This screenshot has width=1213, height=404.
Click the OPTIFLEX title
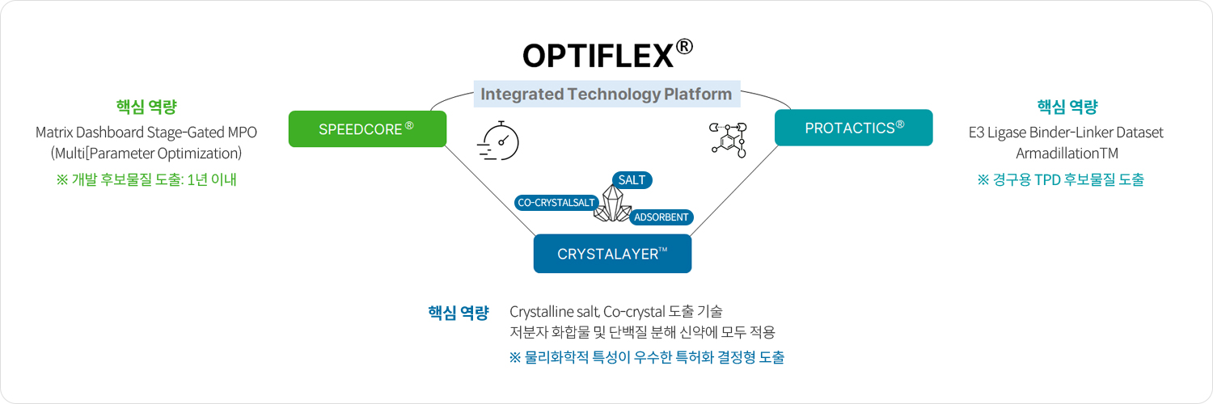coord(598,56)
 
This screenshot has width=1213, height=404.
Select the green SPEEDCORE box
coord(367,128)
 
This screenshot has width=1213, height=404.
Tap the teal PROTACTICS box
coord(853,128)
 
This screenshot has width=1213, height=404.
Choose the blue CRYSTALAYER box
coord(612,254)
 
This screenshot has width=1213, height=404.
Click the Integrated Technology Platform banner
coord(606,94)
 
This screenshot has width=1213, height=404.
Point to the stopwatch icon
coord(500,141)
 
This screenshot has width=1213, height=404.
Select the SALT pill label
coord(632,180)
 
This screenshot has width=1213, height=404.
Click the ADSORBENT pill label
coord(661,217)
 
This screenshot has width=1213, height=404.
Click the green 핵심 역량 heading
coord(146,107)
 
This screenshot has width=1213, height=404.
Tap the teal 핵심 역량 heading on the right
coord(1067,107)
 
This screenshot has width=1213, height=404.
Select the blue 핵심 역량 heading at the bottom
coord(459,313)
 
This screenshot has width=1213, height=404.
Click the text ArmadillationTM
coord(1066,153)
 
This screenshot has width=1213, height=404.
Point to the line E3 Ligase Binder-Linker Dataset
coord(1066,133)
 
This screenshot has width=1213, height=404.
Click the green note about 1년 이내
coord(146,179)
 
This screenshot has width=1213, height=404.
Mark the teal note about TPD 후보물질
coord(1061,179)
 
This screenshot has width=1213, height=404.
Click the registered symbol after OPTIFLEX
coord(684,47)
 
